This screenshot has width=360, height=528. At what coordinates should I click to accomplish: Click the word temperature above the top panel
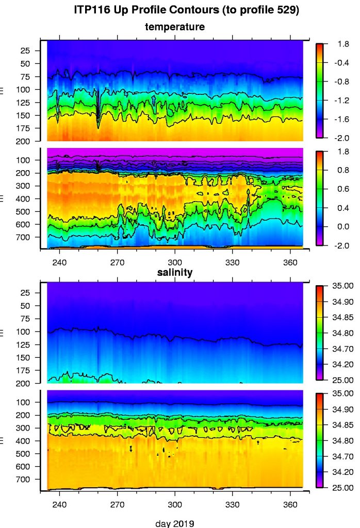(x=175, y=26)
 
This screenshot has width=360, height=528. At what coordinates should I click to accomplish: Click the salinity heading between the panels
(x=175, y=273)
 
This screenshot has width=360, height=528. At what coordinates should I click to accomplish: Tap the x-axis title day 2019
(x=175, y=523)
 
